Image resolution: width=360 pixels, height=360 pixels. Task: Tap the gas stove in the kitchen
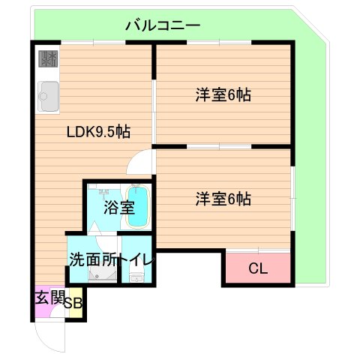point(48,58)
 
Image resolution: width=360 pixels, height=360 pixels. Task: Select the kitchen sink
point(48,94)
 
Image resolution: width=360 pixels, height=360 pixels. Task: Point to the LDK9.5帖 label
point(98,132)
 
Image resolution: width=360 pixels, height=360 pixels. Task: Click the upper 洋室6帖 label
point(223,95)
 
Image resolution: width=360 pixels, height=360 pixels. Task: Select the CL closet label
point(256,268)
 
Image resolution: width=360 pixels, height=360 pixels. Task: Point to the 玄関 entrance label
point(49,297)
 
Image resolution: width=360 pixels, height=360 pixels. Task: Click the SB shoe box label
point(73,303)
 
